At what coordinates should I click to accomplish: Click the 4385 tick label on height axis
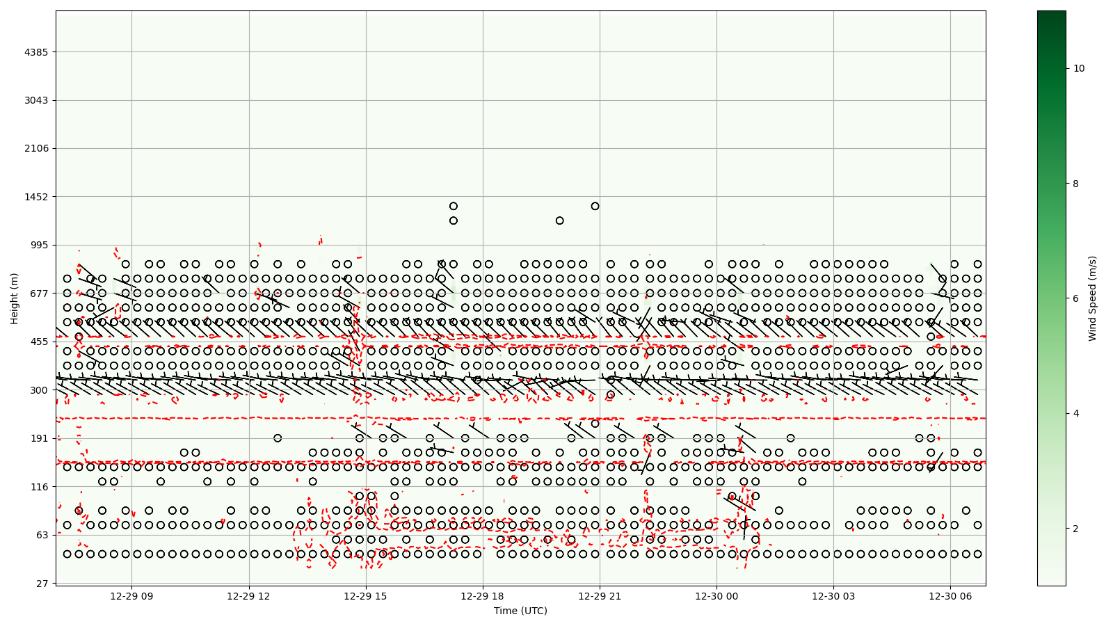[x=36, y=52]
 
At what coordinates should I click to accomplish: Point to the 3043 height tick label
[x=36, y=100]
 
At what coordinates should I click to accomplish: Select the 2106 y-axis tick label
[x=36, y=148]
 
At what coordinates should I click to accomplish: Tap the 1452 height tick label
[x=36, y=197]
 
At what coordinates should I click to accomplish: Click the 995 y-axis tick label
[x=39, y=245]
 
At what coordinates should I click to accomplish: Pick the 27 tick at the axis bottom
[x=42, y=584]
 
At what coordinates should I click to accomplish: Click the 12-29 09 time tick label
[x=131, y=596]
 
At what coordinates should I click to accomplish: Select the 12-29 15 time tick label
[x=365, y=596]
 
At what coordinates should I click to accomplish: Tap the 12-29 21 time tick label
[x=600, y=596]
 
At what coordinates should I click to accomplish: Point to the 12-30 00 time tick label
[x=716, y=596]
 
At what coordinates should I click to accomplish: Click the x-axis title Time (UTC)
[x=520, y=611]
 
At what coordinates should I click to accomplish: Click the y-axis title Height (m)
[x=15, y=298]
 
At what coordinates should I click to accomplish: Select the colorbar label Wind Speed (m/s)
[x=1093, y=298]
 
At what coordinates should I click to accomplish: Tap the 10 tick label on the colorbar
[x=1079, y=68]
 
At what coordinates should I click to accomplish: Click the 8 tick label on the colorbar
[x=1076, y=184]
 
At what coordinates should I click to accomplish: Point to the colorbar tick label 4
[x=1076, y=413]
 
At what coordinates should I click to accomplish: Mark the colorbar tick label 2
[x=1076, y=529]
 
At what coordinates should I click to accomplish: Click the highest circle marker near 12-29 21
[x=595, y=206]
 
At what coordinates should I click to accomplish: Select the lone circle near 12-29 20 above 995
[x=559, y=220]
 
